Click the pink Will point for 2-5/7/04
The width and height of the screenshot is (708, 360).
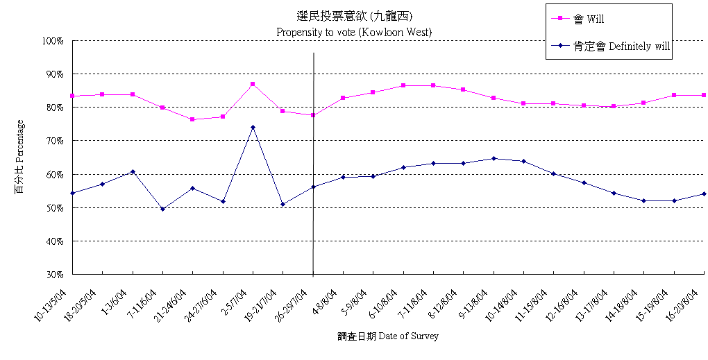click(x=253, y=84)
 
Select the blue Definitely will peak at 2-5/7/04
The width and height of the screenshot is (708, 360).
click(x=253, y=127)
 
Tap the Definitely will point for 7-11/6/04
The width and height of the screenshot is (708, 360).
click(x=162, y=209)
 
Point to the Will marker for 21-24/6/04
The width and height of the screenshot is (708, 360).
click(x=192, y=119)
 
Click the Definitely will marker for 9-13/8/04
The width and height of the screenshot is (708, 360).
click(x=494, y=158)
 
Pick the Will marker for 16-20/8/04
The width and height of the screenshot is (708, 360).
click(x=704, y=95)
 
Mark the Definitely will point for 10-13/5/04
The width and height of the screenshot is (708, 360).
click(x=72, y=193)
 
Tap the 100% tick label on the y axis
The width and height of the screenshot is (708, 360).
click(x=52, y=41)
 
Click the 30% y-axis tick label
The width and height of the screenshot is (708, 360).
click(x=54, y=275)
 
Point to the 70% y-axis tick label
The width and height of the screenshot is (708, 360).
click(x=54, y=141)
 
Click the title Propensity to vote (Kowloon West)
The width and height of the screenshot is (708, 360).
click(x=354, y=32)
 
